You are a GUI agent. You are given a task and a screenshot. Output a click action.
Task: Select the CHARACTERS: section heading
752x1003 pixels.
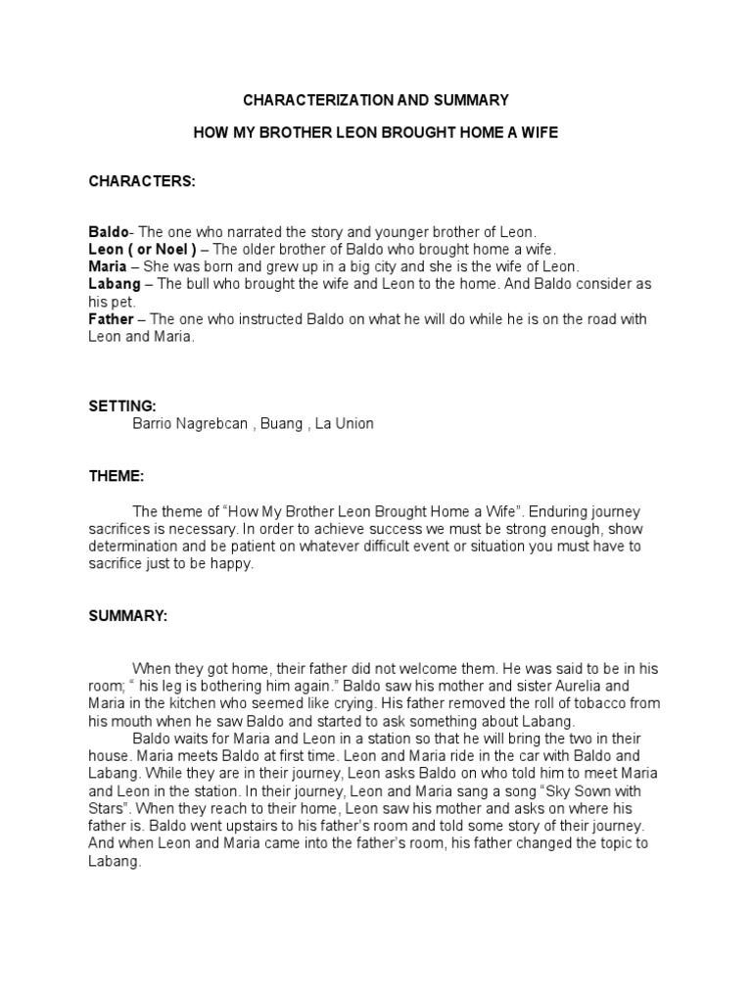click(x=142, y=182)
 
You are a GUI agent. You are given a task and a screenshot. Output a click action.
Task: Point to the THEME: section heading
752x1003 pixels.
click(x=117, y=476)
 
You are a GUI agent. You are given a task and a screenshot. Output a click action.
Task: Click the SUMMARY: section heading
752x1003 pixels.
click(x=128, y=616)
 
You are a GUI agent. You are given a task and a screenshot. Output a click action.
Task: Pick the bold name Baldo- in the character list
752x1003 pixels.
click(x=110, y=232)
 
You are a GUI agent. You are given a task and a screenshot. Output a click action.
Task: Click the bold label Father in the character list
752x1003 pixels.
click(x=111, y=319)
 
